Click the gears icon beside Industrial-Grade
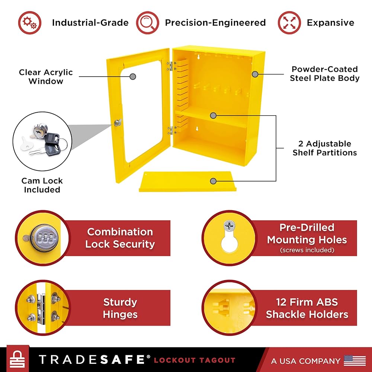click(x=29, y=22)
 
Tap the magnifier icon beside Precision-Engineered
click(x=148, y=22)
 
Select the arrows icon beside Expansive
click(x=289, y=22)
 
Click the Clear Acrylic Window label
click(x=46, y=77)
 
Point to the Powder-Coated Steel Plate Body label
click(x=324, y=74)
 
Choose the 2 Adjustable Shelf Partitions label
click(x=324, y=148)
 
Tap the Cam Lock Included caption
click(x=42, y=185)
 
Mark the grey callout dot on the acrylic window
click(x=133, y=77)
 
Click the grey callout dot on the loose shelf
click(x=213, y=181)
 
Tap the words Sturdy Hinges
click(x=120, y=308)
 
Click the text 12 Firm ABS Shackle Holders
click(x=307, y=308)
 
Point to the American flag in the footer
click(x=355, y=360)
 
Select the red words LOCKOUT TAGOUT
click(x=194, y=360)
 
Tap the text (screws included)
click(x=307, y=250)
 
